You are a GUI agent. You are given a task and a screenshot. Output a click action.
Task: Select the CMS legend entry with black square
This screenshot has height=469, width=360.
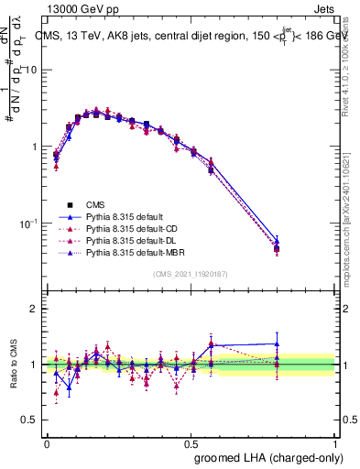95,204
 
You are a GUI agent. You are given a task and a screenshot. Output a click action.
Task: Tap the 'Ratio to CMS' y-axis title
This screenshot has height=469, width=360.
13,364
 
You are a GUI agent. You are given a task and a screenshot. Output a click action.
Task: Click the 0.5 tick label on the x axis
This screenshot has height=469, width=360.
191,442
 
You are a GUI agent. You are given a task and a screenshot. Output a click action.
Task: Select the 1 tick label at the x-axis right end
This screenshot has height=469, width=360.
335,442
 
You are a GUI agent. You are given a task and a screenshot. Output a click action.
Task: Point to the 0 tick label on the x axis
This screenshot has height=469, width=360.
47,442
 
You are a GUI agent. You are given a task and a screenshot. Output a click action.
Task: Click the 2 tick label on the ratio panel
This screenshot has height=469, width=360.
33,309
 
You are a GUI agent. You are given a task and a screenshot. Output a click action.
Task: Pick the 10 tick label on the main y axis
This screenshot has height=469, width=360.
29,71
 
